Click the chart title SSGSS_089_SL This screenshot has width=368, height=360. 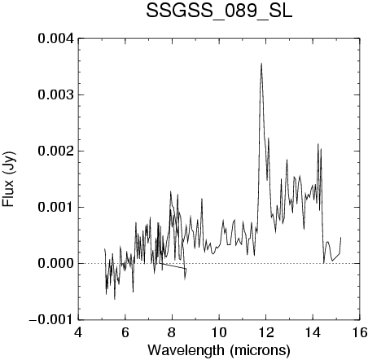coord(219,11)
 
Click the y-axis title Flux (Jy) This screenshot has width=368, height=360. coord(8,179)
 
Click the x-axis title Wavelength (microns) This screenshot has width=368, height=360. coord(219,350)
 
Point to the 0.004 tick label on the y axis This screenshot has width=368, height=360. coord(55,38)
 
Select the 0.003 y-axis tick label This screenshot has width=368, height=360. coord(55,94)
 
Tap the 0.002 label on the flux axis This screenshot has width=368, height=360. coord(55,151)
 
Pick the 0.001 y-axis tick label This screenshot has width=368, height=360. coord(55,207)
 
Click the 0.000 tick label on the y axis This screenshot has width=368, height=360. coord(55,263)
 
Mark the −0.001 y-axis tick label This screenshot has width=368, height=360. coord(51,319)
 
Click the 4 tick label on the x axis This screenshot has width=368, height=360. coord(78,332)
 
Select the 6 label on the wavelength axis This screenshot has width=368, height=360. coord(125,332)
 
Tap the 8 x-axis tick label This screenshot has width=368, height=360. coord(172,332)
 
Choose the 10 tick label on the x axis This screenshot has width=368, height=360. coord(219,332)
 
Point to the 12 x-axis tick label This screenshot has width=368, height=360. coord(266,332)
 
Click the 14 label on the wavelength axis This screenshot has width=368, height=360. coord(313,332)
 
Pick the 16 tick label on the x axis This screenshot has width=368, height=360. coord(360,332)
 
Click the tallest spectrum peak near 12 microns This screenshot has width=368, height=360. coord(261,64)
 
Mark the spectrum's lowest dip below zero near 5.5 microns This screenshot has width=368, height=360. coord(115,299)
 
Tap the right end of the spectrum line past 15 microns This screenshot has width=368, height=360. coord(340,237)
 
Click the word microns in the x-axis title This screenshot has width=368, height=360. coord(260,350)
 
